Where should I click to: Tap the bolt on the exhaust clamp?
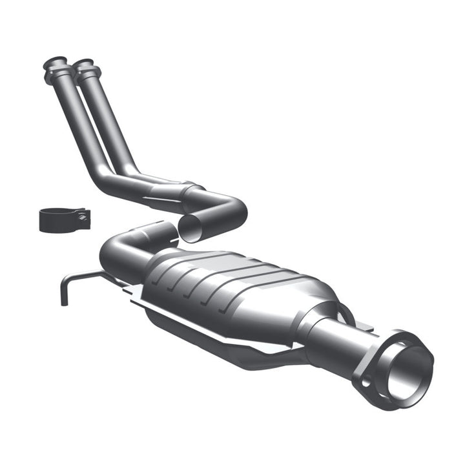(82, 218)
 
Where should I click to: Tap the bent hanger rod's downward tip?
(63, 302)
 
